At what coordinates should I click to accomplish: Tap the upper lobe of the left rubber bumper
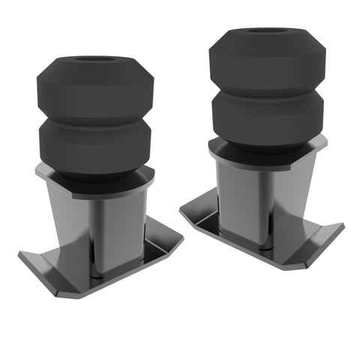95,88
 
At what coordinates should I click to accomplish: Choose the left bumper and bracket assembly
97,172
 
